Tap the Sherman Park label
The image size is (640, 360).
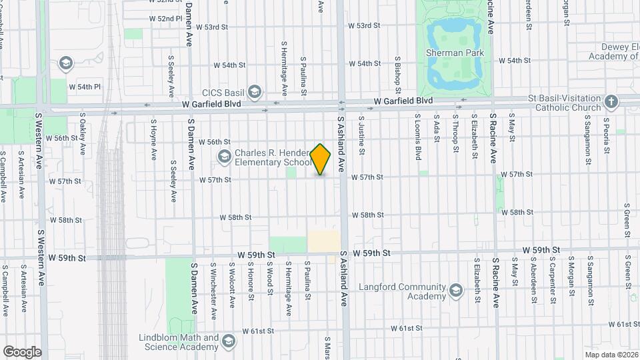[454, 52]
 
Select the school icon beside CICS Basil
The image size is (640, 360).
[254, 91]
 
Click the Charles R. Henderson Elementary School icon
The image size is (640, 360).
[225, 156]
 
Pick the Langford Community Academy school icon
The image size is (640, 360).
[455, 291]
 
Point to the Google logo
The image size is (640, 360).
[22, 351]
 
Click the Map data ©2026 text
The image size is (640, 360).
[611, 354]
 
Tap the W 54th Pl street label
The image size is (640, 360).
[89, 87]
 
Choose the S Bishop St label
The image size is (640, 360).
[397, 75]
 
